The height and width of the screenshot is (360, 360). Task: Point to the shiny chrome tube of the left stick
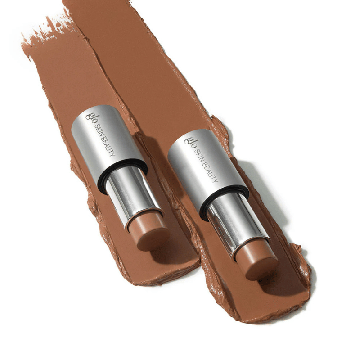[133, 197]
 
